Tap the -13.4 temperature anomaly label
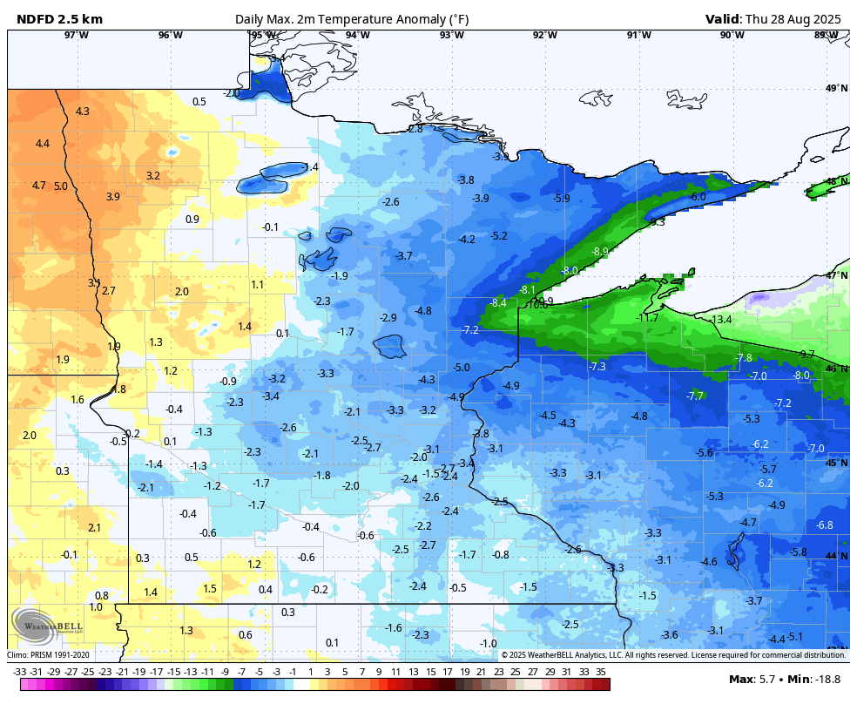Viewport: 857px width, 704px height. coord(721,321)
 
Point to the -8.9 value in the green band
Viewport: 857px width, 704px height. coord(600,251)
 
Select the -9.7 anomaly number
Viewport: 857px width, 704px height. coord(806,355)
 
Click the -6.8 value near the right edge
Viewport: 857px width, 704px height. coord(824,525)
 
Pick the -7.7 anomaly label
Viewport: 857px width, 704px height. coord(694,396)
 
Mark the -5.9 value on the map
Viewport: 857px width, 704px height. coord(561,199)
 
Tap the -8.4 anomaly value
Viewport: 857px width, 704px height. coord(498,303)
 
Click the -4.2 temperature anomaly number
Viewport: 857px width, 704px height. coord(467,240)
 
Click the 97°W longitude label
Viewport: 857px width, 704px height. coord(77,35)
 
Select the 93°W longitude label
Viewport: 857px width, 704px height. coord(451,35)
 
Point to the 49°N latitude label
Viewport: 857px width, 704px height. coord(836,89)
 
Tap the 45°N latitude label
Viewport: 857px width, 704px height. coord(836,463)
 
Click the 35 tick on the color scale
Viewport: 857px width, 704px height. coord(601,672)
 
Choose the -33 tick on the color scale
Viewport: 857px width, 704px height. coord(19,672)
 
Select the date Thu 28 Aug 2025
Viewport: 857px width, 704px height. coord(796,19)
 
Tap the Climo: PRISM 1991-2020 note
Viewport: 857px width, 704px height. coord(48,655)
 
